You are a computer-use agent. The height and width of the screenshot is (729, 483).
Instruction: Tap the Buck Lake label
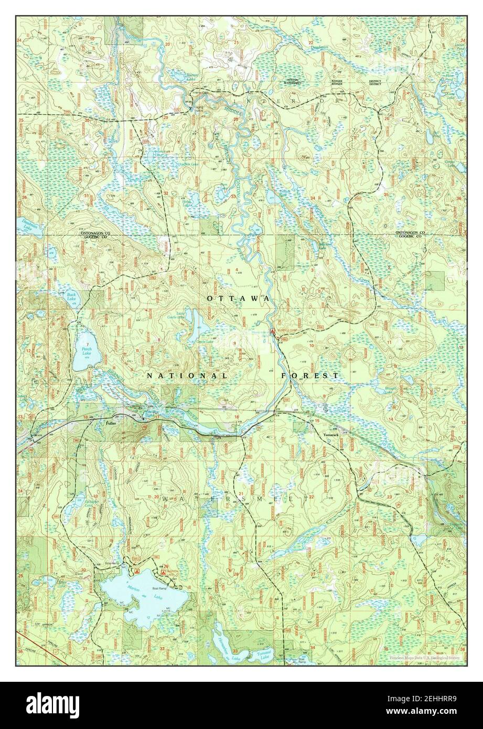point(72,297)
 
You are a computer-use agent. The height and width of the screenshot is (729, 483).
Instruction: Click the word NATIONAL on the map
point(187,376)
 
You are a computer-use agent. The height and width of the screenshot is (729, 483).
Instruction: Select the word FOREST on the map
point(310,376)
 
